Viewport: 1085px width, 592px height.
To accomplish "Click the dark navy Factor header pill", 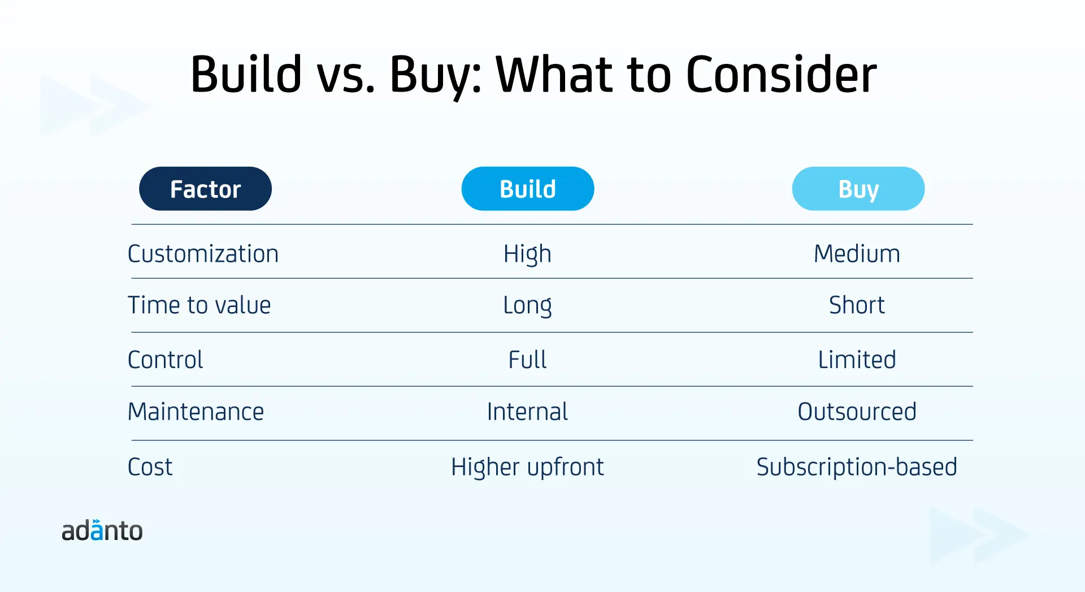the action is click(x=205, y=189).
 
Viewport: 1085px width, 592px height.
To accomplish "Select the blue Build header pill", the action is click(x=528, y=189).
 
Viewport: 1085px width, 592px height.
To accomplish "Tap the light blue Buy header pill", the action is click(x=858, y=189).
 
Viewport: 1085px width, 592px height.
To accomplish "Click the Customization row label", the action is click(x=203, y=254).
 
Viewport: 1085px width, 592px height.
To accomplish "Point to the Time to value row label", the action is click(x=199, y=305).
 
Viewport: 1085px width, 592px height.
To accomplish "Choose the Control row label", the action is click(x=165, y=360).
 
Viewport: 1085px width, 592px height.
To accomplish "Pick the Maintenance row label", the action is click(x=196, y=412).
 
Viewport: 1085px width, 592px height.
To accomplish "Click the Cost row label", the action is click(x=150, y=467).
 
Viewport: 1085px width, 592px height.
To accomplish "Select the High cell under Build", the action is click(x=527, y=254).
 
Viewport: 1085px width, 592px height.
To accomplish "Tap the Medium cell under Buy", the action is click(x=857, y=254).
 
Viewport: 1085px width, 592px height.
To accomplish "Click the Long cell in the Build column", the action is click(x=527, y=306).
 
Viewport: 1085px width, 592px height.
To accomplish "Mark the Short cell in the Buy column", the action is click(x=857, y=305).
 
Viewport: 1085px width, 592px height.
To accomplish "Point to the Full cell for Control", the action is click(x=527, y=360).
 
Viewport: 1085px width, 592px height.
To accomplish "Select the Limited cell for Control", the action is click(x=857, y=360).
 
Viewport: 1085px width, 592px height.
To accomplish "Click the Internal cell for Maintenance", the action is click(x=527, y=412).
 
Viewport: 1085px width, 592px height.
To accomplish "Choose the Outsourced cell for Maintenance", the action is click(x=857, y=412).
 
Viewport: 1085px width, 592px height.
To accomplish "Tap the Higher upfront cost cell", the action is click(x=527, y=468).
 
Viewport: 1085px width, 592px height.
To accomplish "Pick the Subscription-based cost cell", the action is click(x=857, y=468).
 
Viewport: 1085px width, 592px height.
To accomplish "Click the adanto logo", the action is click(x=102, y=530).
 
